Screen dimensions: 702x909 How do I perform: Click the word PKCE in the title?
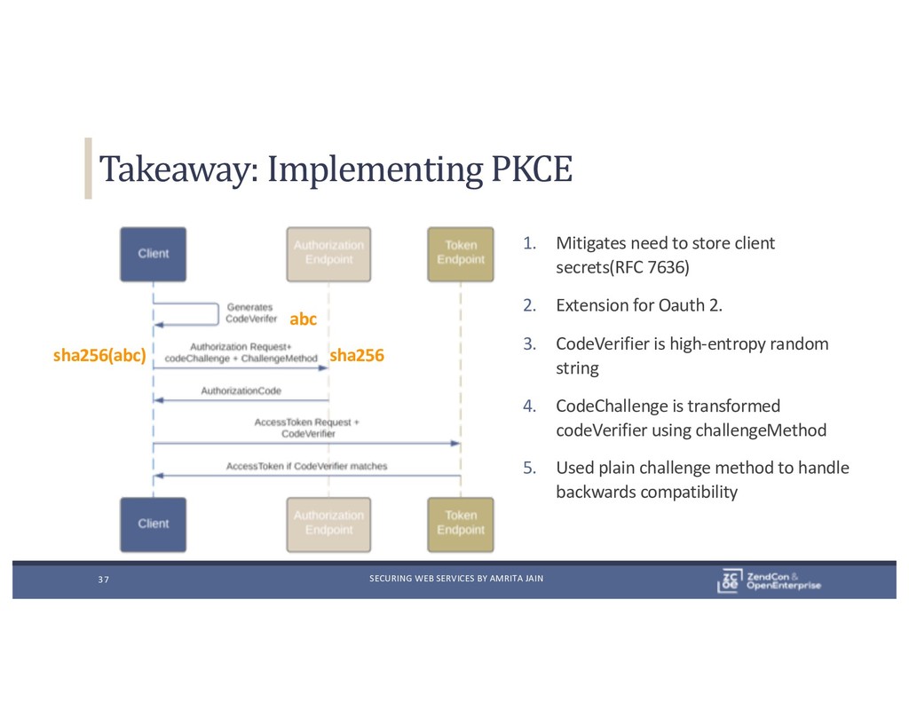pos(531,169)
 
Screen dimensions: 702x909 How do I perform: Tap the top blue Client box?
pos(153,254)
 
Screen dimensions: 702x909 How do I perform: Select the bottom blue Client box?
pos(153,524)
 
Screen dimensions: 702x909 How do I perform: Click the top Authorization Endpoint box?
pos(328,253)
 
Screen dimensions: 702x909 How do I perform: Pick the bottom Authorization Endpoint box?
pos(328,523)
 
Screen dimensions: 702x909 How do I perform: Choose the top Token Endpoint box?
pos(460,253)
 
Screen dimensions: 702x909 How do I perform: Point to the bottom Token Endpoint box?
pos(460,523)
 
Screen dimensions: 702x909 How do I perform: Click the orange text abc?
pos(304,319)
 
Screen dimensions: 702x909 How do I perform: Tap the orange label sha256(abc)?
pos(99,357)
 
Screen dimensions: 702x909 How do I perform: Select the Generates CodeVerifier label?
pos(251,312)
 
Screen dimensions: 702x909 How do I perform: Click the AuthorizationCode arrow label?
pos(241,390)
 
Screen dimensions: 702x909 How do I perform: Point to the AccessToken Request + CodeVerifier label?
pos(307,428)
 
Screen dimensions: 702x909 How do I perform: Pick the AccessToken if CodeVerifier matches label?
pos(306,465)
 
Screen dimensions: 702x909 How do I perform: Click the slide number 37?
pos(103,580)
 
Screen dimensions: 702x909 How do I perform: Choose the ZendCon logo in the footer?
pos(769,580)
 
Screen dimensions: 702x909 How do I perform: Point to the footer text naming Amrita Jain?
pos(455,580)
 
